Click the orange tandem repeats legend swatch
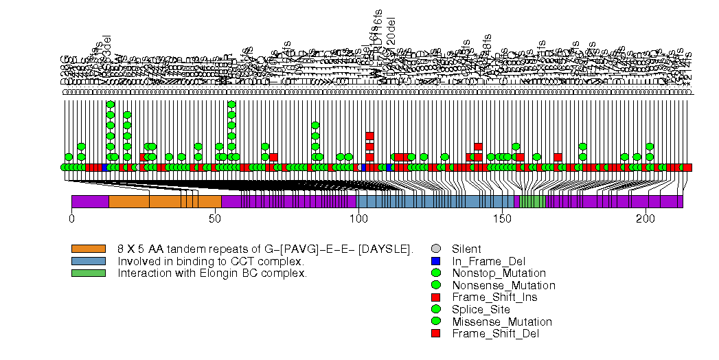coord(89,249)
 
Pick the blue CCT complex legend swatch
coord(89,261)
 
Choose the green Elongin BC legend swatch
coord(89,273)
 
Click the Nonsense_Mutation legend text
coord(503,285)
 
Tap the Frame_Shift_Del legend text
coord(495,334)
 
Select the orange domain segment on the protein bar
coord(165,201)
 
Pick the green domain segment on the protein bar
coord(532,201)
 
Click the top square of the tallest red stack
coord(369,136)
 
